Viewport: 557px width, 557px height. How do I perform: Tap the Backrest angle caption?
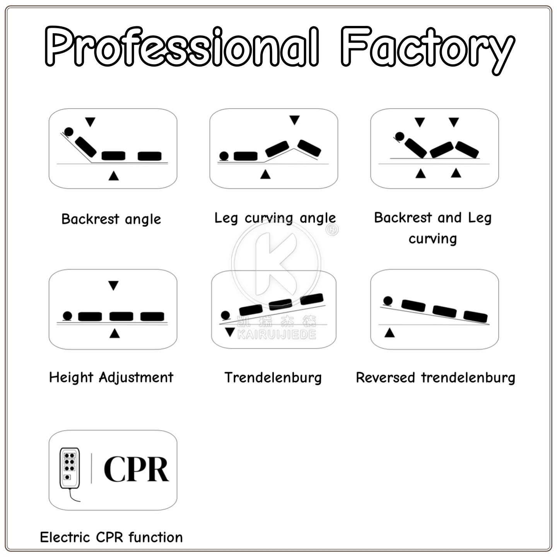point(111,219)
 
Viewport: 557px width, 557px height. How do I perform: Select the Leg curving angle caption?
point(275,218)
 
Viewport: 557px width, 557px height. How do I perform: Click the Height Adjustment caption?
point(111,378)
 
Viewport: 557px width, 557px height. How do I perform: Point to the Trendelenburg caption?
point(273,378)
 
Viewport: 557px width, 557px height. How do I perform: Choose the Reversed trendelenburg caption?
point(435,378)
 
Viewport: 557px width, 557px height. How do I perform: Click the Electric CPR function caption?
point(111,537)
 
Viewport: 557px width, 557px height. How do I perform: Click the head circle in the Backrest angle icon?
point(69,132)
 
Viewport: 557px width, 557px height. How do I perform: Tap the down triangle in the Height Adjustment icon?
point(113,285)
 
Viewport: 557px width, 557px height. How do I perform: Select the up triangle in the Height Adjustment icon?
point(115,333)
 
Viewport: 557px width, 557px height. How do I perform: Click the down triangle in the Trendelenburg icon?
point(230,332)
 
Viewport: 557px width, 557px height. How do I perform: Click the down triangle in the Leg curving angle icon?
point(294,120)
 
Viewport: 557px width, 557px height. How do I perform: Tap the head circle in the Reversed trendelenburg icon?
point(388,301)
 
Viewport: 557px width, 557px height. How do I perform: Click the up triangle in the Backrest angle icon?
point(114,176)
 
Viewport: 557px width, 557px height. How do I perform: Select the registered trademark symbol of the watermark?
point(332,230)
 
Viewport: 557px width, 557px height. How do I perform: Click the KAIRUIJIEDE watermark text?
point(277,335)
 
